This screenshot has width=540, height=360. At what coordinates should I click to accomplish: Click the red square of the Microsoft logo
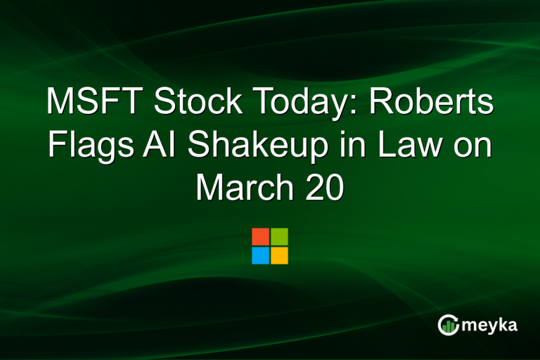(260, 236)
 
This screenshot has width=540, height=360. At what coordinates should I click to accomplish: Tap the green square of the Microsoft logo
(279, 236)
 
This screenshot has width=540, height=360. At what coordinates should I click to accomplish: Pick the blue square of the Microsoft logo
(260, 255)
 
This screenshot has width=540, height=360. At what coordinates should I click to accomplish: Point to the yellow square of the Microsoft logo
(279, 255)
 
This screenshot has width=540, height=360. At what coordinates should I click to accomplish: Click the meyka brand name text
(491, 325)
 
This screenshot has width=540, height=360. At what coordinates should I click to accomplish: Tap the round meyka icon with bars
(448, 324)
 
